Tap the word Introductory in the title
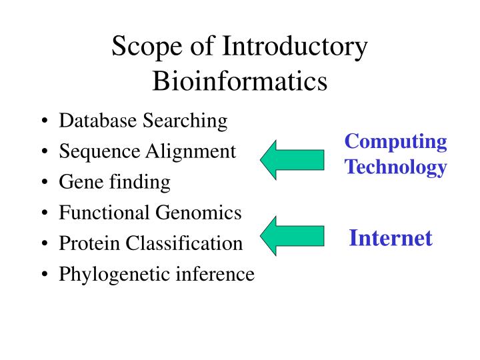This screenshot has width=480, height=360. click(295, 49)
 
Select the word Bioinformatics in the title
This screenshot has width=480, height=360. click(240, 81)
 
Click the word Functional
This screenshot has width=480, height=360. click(105, 213)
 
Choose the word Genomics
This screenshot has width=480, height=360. click(199, 213)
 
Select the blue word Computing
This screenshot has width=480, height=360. click(396, 142)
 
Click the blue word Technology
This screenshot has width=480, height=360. click(396, 167)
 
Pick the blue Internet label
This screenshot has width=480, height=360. click(391, 238)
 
